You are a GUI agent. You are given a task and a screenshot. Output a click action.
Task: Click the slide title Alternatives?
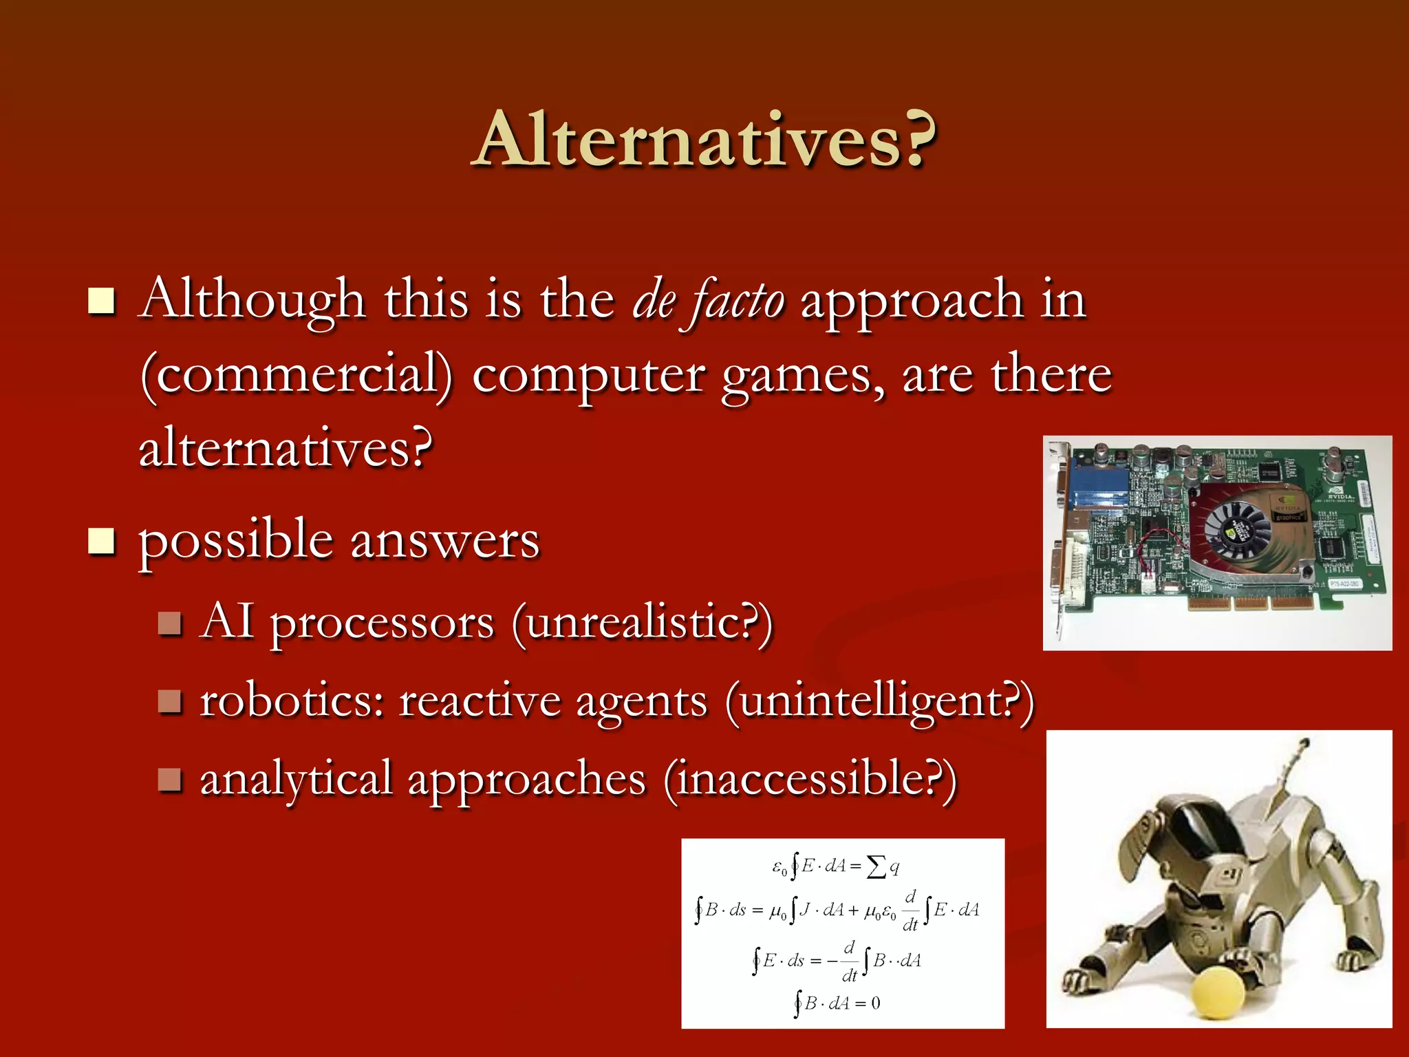pyautogui.click(x=704, y=140)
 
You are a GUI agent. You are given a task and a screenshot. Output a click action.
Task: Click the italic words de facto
pyautogui.click(x=708, y=301)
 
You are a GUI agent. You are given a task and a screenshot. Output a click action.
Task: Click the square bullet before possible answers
pyautogui.click(x=101, y=541)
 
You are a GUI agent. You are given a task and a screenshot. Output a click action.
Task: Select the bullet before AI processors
pyautogui.click(x=169, y=623)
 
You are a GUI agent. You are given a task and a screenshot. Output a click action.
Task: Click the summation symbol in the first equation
pyautogui.click(x=876, y=866)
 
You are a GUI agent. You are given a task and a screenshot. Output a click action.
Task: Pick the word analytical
pyautogui.click(x=296, y=780)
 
